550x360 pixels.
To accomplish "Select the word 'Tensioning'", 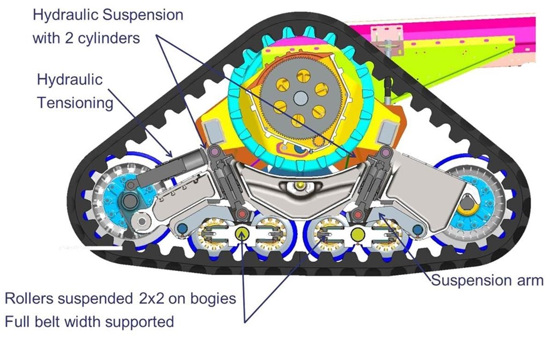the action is [x=75, y=103].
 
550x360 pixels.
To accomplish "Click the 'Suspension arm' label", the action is [x=487, y=281].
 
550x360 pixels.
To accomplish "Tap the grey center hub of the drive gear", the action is [x=299, y=98].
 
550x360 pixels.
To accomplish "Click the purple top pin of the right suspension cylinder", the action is [x=386, y=153].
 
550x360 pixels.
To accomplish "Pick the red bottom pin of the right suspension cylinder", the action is [x=358, y=215].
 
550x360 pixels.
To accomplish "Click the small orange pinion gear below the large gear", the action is [x=319, y=142].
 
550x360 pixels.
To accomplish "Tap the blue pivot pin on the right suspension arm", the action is [x=417, y=230].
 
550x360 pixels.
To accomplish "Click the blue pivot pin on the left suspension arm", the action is [x=182, y=229].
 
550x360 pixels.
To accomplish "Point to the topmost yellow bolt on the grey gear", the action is [x=304, y=76].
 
